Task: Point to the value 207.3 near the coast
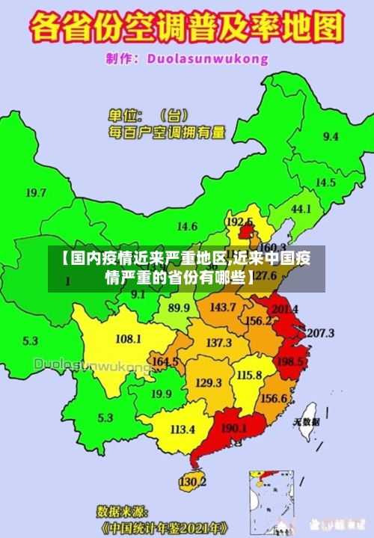tap(321, 333)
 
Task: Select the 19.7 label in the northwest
tap(36, 192)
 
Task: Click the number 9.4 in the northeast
tap(330, 137)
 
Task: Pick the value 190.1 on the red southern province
tap(234, 429)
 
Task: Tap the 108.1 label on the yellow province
tap(128, 339)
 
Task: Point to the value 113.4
tap(183, 430)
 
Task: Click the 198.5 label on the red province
tap(289, 362)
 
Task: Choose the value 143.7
tap(223, 308)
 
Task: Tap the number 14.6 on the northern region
tap(187, 226)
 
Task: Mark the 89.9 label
tap(178, 308)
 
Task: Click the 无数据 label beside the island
tap(307, 422)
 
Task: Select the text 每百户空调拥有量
tap(167, 132)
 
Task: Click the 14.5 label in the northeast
tap(325, 183)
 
